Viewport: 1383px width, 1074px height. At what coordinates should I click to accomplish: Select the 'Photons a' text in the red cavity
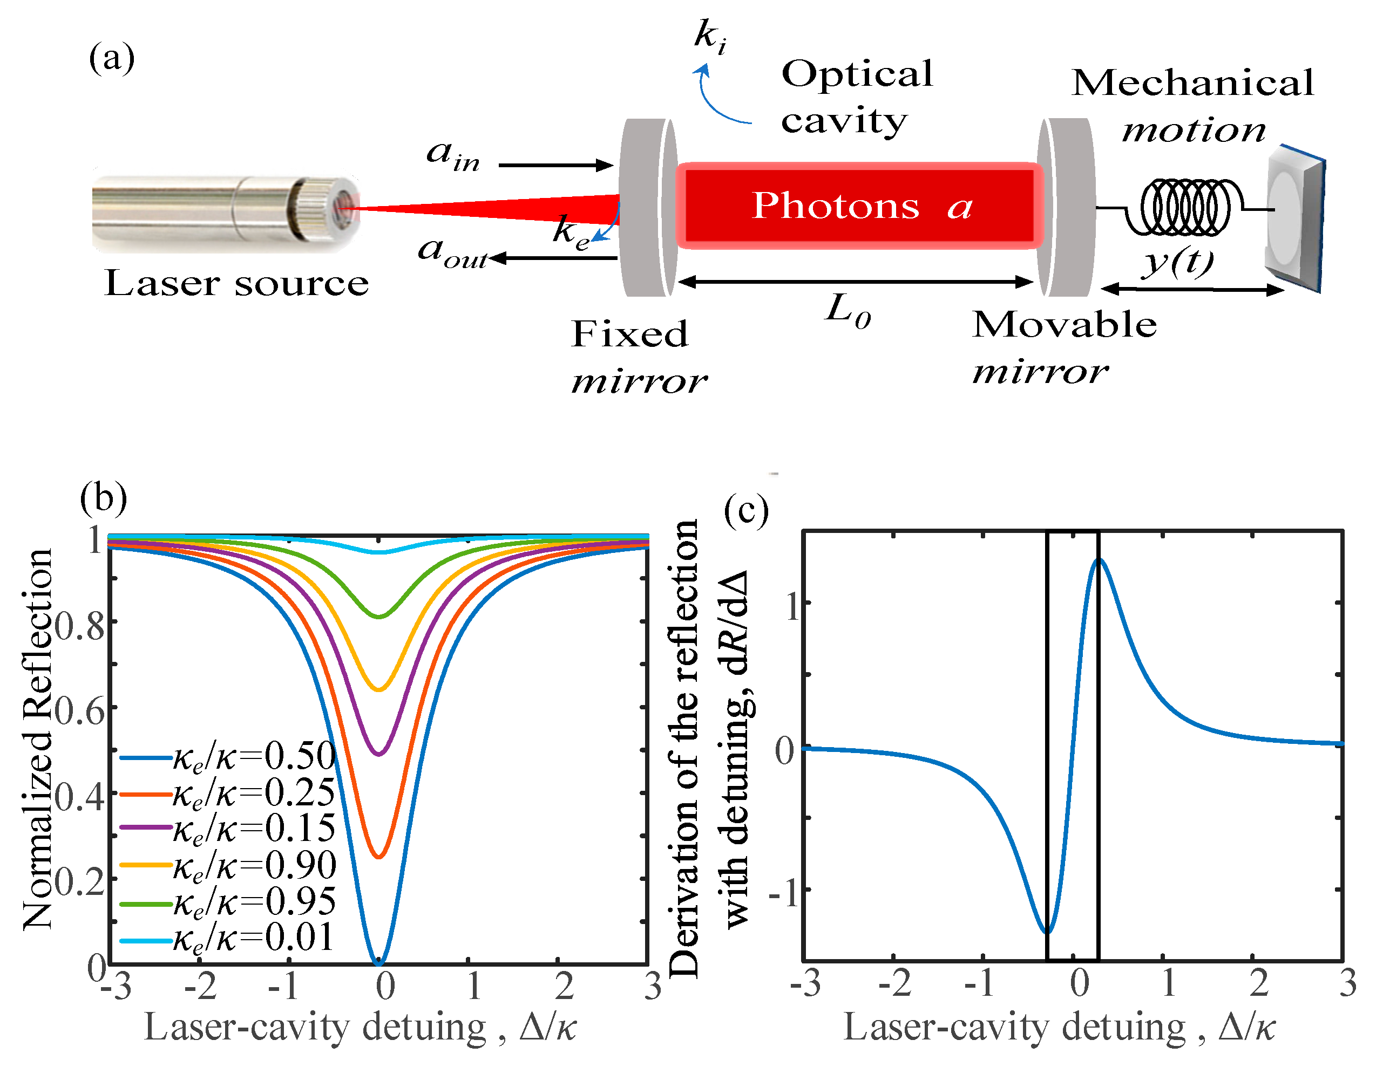pyautogui.click(x=861, y=206)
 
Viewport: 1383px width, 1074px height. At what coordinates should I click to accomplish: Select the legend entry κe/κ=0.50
pyautogui.click(x=253, y=756)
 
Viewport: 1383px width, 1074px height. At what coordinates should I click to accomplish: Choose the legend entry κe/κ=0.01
pyautogui.click(x=253, y=939)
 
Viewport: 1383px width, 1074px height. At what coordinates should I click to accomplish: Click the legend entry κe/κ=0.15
pyautogui.click(x=253, y=829)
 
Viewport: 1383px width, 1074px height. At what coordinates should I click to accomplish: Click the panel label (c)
pyautogui.click(x=746, y=509)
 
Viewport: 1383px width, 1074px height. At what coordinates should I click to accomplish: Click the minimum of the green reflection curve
pyautogui.click(x=379, y=616)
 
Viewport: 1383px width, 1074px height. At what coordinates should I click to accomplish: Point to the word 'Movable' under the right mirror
pyautogui.click(x=1065, y=325)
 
